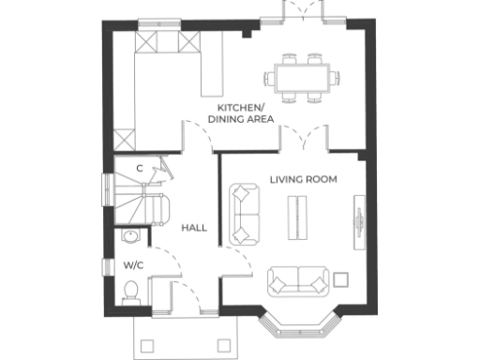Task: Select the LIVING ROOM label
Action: (x=303, y=178)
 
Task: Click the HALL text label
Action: (x=194, y=228)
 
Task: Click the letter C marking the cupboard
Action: (x=139, y=168)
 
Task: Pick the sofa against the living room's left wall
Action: (x=246, y=213)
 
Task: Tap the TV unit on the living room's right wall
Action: (x=357, y=222)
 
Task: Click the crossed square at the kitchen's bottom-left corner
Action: (x=124, y=139)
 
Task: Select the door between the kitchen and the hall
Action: (x=197, y=138)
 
